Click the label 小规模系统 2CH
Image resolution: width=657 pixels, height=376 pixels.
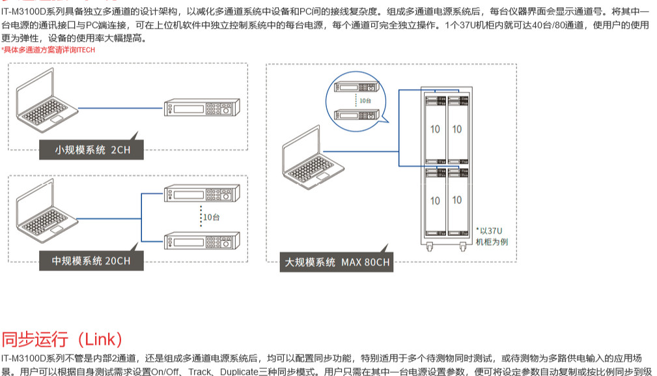pyautogui.click(x=92, y=150)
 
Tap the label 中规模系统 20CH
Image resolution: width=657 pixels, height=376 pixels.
pyautogui.click(x=91, y=261)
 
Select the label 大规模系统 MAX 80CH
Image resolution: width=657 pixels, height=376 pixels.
pyautogui.click(x=337, y=262)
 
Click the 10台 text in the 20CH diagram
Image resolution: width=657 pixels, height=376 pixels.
pyautogui.click(x=211, y=217)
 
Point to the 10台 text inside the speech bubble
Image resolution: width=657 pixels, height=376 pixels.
pyautogui.click(x=365, y=101)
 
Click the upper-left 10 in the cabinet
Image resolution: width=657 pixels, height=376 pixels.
pyautogui.click(x=435, y=129)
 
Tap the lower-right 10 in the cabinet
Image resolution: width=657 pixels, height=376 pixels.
pyautogui.click(x=457, y=200)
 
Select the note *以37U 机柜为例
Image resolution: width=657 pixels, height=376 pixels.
pyautogui.click(x=491, y=236)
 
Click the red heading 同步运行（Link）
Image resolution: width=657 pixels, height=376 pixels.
pyautogui.click(x=62, y=340)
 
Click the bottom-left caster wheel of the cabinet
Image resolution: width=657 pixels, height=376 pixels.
pyautogui.click(x=430, y=247)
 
